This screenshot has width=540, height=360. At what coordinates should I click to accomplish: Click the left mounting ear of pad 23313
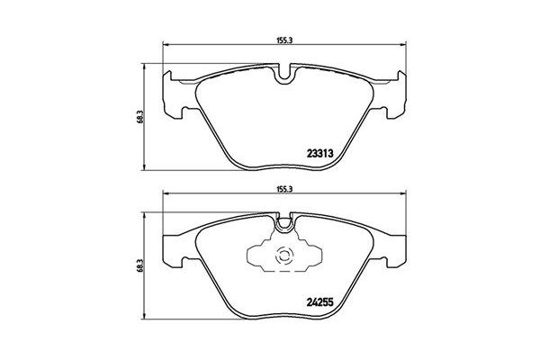coord(173,94)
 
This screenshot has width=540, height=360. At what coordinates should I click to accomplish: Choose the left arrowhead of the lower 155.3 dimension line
coord(164,197)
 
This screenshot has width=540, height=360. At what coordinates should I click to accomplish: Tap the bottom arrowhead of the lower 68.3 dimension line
coord(147,320)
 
